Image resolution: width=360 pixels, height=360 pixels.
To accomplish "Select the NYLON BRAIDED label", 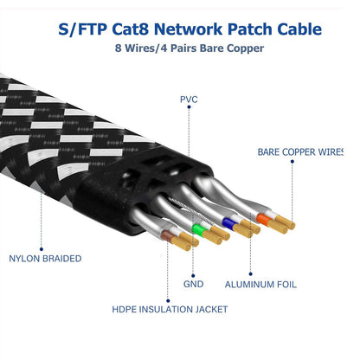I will click(45, 258).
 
